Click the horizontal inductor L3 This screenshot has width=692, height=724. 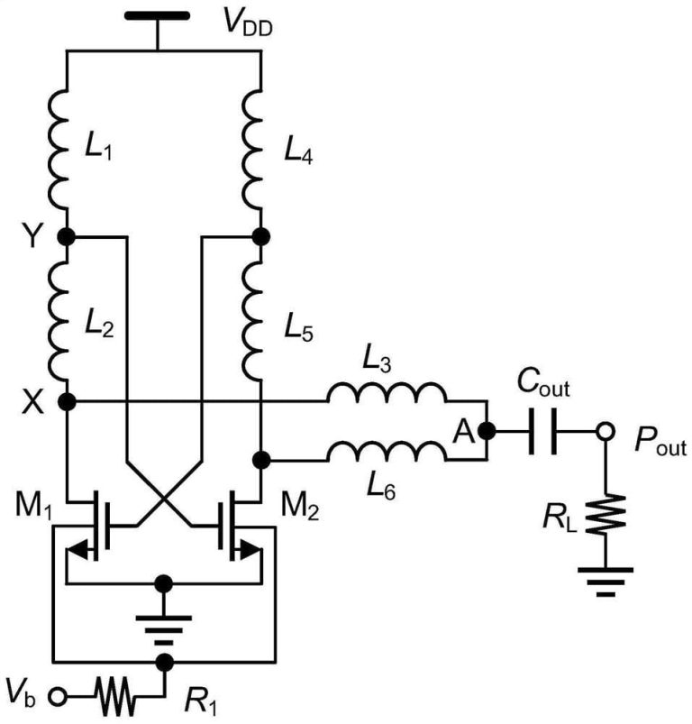coord(386,395)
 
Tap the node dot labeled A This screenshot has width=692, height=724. coord(487,431)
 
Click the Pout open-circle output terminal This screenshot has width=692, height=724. coord(605,432)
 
